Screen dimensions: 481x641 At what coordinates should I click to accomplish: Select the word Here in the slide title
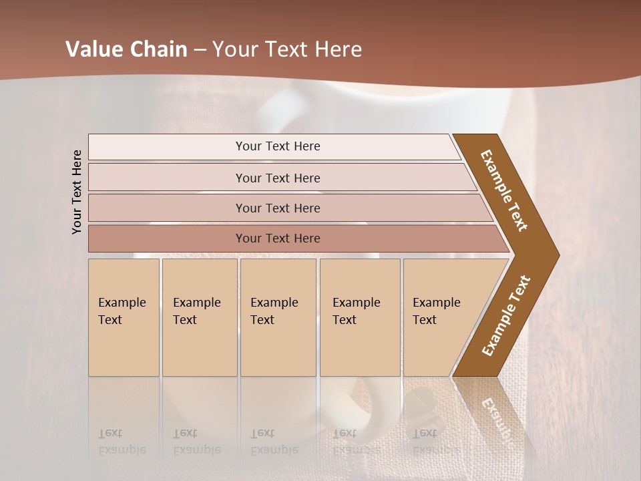pyautogui.click(x=338, y=50)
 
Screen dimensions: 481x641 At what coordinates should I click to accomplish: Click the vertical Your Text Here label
pyautogui.click(x=77, y=192)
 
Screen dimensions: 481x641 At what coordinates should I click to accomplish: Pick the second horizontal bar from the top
pyautogui.click(x=277, y=178)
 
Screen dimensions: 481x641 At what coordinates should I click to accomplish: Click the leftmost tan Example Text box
pyautogui.click(x=124, y=317)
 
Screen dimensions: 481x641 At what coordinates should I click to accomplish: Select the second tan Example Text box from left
pyautogui.click(x=199, y=317)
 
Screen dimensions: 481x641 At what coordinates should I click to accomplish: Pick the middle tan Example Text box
pyautogui.click(x=278, y=317)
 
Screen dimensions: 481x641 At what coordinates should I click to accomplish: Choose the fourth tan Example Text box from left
pyautogui.click(x=360, y=317)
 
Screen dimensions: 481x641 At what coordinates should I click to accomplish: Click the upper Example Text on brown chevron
pyautogui.click(x=504, y=190)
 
